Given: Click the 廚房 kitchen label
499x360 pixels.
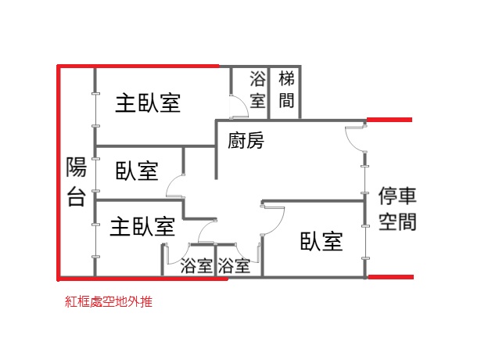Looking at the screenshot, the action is pyautogui.click(x=246, y=140).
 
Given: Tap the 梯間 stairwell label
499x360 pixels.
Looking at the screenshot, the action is pyautogui.click(x=286, y=89).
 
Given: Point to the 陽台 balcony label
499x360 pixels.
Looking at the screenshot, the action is pyautogui.click(x=77, y=182).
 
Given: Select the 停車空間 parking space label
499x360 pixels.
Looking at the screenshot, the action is pyautogui.click(x=397, y=208).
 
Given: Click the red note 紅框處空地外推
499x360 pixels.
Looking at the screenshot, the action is pyautogui.click(x=109, y=301).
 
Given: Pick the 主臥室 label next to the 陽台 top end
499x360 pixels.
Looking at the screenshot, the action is pyautogui.click(x=148, y=103).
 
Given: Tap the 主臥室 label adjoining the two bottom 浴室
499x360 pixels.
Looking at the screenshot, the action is pyautogui.click(x=142, y=227).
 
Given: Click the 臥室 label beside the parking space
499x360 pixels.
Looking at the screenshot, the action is pyautogui.click(x=321, y=241).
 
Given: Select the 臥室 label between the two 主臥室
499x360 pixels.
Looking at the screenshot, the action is pyautogui.click(x=137, y=171).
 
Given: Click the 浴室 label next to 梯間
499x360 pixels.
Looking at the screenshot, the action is pyautogui.click(x=257, y=89).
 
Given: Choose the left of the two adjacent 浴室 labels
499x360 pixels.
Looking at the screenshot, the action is pyautogui.click(x=196, y=266).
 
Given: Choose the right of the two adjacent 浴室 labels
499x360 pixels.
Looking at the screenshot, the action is pyautogui.click(x=234, y=266).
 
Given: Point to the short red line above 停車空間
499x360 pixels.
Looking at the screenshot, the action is pyautogui.click(x=390, y=120).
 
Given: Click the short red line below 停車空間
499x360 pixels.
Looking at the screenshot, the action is pyautogui.click(x=390, y=277).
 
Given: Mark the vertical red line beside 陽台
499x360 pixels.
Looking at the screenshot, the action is pyautogui.click(x=59, y=173).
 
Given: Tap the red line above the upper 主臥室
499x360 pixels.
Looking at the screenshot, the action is pyautogui.click(x=138, y=67).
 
